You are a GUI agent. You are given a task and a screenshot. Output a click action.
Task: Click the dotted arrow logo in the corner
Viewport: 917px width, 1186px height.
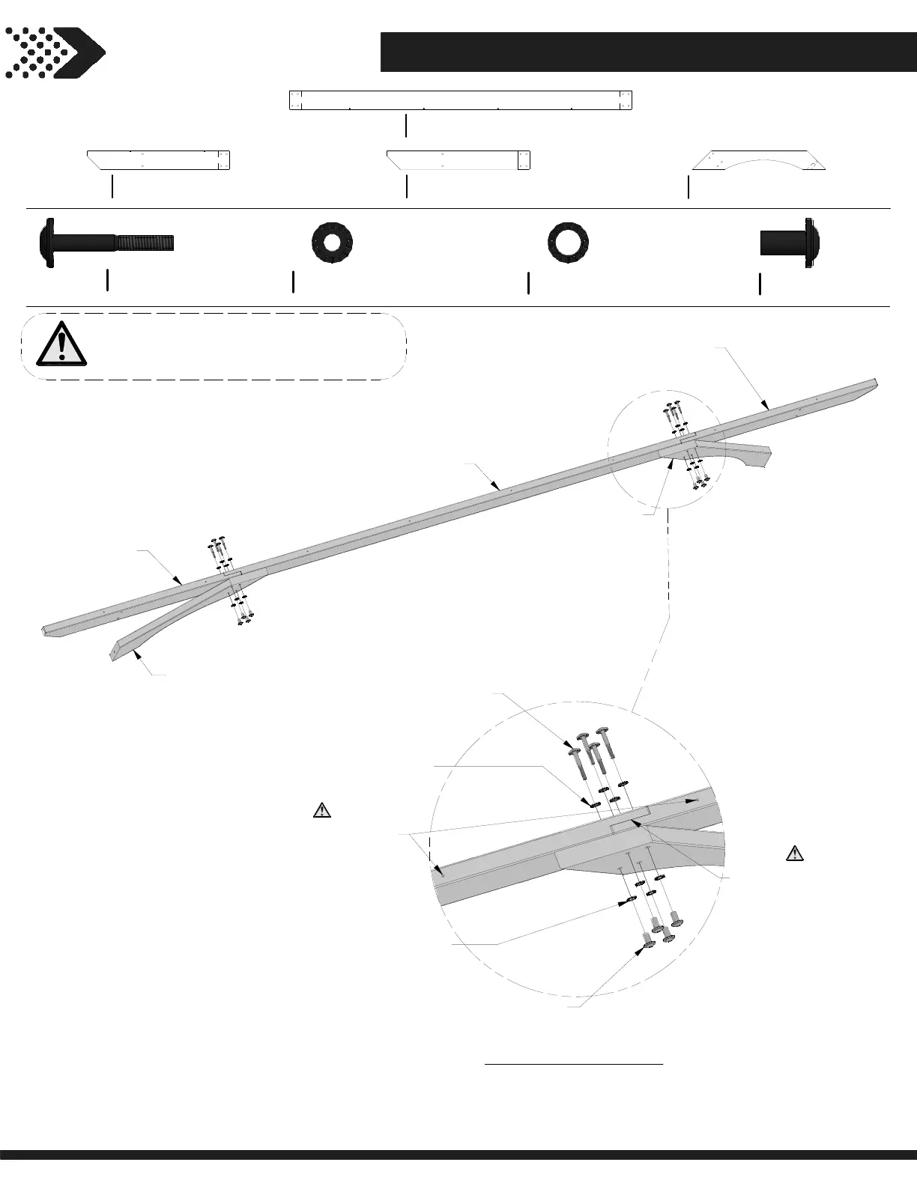55,52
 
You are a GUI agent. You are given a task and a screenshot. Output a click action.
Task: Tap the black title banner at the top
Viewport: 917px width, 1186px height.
648,52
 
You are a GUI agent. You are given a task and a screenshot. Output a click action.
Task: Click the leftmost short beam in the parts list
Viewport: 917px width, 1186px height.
158,161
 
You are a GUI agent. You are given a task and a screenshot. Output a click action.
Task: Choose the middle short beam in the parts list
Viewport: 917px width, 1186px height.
458,161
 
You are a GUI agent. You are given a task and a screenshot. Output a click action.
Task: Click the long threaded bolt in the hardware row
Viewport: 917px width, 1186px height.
106,243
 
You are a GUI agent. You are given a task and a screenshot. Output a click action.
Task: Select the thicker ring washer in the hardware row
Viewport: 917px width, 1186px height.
332,243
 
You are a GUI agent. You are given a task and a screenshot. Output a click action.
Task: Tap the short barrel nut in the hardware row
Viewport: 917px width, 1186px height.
790,243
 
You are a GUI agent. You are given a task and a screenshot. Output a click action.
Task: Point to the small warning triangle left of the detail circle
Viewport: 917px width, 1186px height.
321,809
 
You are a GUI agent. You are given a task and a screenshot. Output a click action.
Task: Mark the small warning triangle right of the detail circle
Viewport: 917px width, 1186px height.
794,852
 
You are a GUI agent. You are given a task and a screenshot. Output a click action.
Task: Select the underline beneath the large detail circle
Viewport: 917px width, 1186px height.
574,1062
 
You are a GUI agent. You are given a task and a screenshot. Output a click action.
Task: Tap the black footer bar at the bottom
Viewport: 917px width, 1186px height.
458,1175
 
